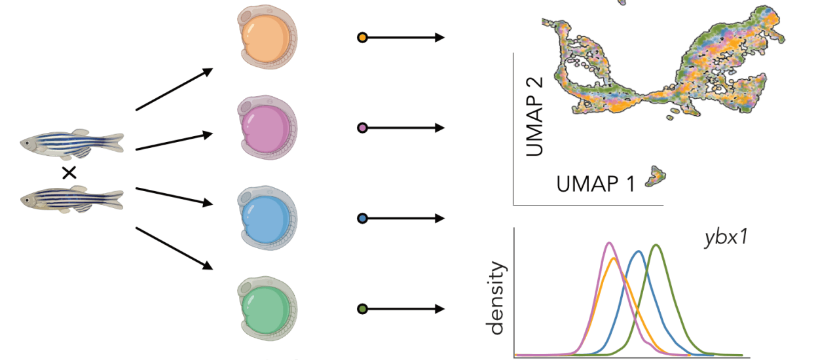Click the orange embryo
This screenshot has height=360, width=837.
[x=267, y=37]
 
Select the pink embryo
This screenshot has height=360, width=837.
[x=267, y=128]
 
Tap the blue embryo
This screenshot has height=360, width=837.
[x=267, y=218]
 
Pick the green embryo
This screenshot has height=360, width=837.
[x=267, y=308]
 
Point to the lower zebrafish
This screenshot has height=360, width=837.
[x=72, y=199]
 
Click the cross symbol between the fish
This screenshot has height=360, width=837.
[x=69, y=173]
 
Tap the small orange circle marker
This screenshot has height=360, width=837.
[x=362, y=38]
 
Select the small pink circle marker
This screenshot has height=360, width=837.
[x=362, y=128]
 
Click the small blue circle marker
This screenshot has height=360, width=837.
[x=362, y=219]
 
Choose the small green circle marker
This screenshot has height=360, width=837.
[x=362, y=309]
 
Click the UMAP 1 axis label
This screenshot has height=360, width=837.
[x=595, y=184]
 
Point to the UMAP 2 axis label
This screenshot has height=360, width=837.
[x=534, y=117]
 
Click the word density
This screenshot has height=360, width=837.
[x=496, y=298]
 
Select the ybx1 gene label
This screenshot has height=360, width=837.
[x=726, y=238]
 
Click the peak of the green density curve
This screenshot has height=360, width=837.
[x=656, y=245]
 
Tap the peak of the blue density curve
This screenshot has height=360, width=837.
[x=639, y=251]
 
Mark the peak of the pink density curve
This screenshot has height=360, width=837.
[x=610, y=243]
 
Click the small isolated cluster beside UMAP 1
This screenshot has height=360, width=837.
[x=656, y=177]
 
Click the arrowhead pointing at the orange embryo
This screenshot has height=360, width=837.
[x=207, y=71]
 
